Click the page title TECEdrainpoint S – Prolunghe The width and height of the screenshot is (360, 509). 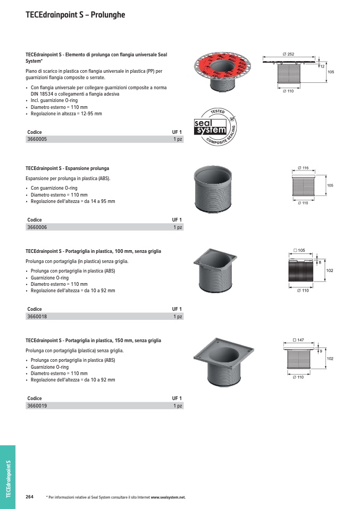pyautogui.click(x=76, y=15)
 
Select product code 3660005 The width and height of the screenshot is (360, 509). pyautogui.click(x=37, y=139)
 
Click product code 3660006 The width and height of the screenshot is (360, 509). pyautogui.click(x=37, y=227)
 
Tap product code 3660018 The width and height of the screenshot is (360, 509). pyautogui.click(x=37, y=317)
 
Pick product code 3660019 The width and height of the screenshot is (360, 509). pyautogui.click(x=37, y=406)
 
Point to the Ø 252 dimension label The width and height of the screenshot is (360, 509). pyautogui.click(x=288, y=54)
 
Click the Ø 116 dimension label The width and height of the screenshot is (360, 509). pyautogui.click(x=303, y=168)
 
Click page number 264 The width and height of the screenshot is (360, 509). pyautogui.click(x=30, y=497)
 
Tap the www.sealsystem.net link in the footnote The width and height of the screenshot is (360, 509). pyautogui.click(x=168, y=497)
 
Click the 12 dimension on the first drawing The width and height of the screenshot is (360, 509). pyautogui.click(x=322, y=66)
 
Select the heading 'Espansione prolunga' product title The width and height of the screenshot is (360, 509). pyautogui.click(x=67, y=168)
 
